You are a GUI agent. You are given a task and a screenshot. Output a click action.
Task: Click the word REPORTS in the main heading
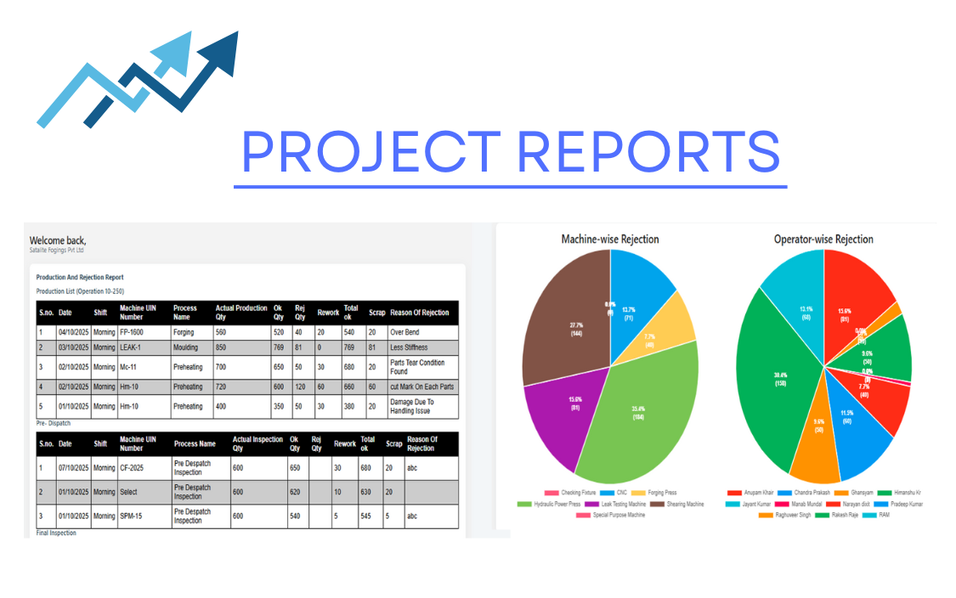[648, 151]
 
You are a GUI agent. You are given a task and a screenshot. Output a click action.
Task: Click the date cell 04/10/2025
[73, 332]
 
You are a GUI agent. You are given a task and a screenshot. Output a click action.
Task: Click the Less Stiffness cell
[409, 347]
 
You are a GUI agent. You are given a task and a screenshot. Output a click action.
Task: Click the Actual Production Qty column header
[240, 312]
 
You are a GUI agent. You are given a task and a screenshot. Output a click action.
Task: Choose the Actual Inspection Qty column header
[257, 443]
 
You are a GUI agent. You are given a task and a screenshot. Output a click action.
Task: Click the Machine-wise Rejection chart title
[609, 240]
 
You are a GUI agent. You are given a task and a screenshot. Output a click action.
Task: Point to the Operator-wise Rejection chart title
[823, 240]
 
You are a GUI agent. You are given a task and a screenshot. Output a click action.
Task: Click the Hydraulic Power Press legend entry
[553, 504]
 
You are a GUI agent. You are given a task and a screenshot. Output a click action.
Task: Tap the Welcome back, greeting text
[58, 240]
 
